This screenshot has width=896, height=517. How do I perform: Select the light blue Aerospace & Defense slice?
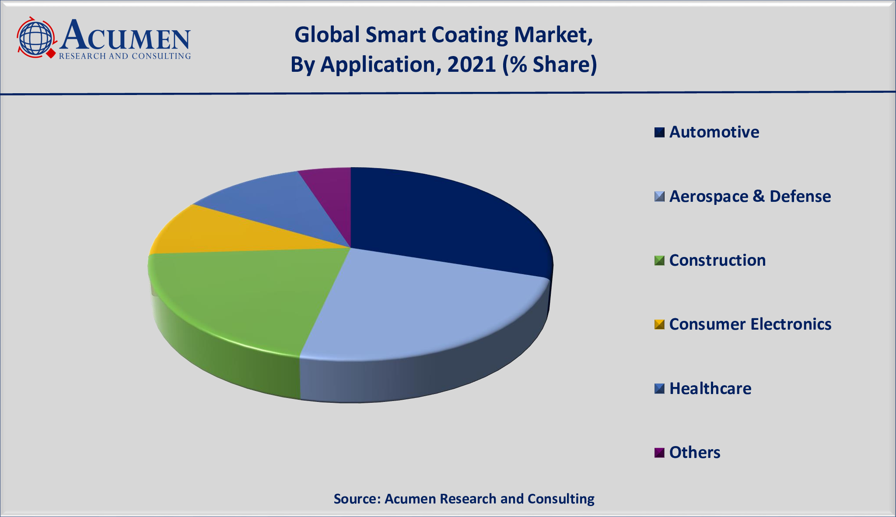[420, 306]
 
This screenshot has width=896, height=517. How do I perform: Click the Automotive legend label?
[714, 132]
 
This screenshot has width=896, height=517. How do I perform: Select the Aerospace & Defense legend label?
[750, 197]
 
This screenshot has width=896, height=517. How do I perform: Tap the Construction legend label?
[717, 260]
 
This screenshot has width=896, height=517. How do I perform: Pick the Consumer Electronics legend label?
[750, 324]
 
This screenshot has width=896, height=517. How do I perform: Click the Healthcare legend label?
[710, 389]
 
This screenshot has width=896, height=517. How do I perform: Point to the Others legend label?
[695, 453]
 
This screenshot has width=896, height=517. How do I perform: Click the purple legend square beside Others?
[659, 453]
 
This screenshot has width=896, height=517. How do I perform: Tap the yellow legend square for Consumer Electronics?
[659, 324]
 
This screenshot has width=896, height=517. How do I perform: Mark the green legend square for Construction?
[659, 260]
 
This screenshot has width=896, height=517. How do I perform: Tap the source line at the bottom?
[464, 499]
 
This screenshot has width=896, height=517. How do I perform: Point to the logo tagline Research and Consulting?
[125, 56]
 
